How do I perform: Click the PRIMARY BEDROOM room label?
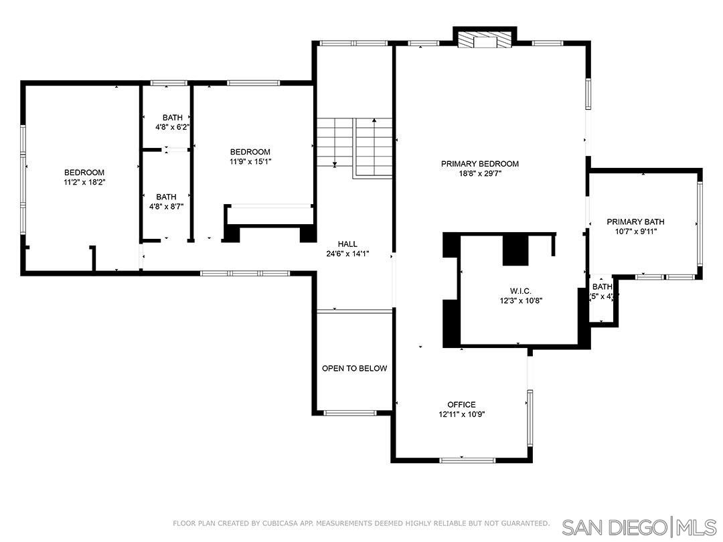pyautogui.click(x=479, y=164)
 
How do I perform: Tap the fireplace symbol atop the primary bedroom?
pyautogui.click(x=485, y=41)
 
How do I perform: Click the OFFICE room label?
pyautogui.click(x=461, y=405)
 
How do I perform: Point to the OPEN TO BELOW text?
pyautogui.click(x=354, y=369)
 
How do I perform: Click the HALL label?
pyautogui.click(x=347, y=244)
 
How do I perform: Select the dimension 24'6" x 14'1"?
pyautogui.click(x=347, y=254)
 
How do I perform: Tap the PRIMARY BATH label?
pyautogui.click(x=635, y=222)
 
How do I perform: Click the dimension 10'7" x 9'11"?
pyautogui.click(x=635, y=232)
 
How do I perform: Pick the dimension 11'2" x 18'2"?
pyautogui.click(x=84, y=182)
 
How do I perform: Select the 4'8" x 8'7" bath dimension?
pyautogui.click(x=166, y=207)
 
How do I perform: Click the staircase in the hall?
pyautogui.click(x=354, y=146)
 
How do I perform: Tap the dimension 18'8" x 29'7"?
pyautogui.click(x=479, y=174)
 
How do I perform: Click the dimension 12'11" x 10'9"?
pyautogui.click(x=461, y=414)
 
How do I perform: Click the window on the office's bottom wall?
pyautogui.click(x=467, y=460)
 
